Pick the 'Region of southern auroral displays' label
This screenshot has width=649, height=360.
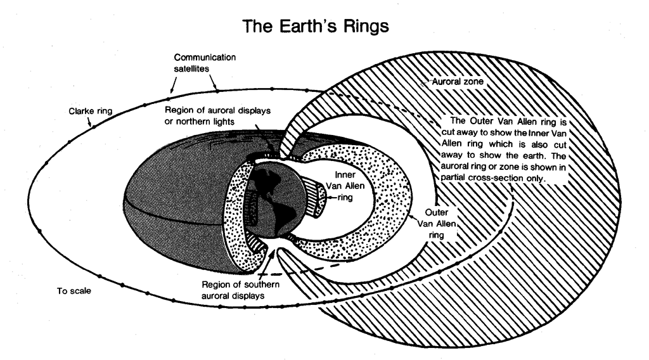234,289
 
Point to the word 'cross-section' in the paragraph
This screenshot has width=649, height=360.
501,179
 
